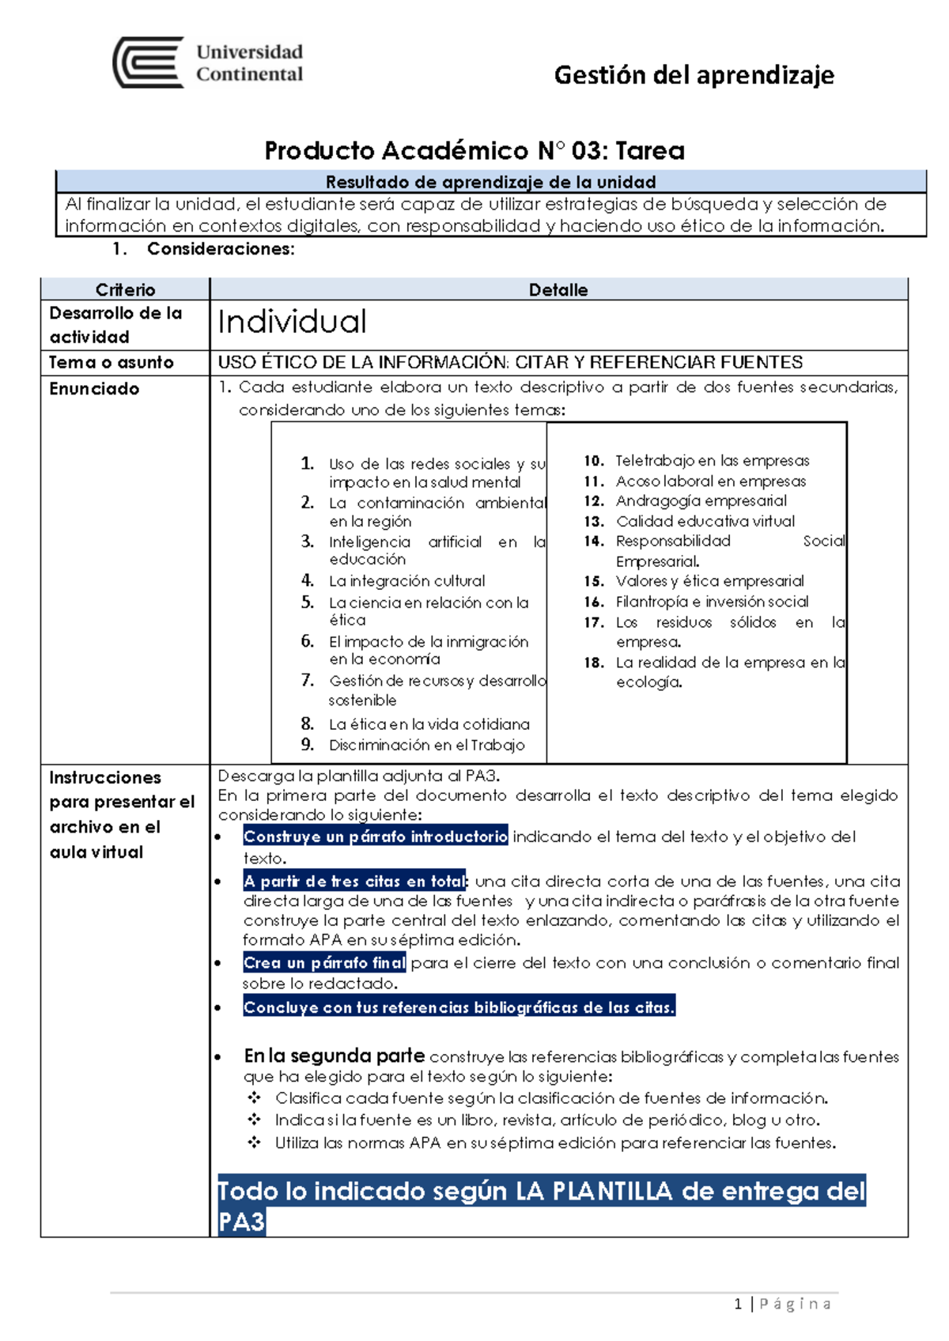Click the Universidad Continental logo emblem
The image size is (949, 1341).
[x=149, y=62]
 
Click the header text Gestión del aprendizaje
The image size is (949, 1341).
[x=694, y=75]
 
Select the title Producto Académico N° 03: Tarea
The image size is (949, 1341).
[x=475, y=150]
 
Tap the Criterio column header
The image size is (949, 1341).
[x=125, y=289]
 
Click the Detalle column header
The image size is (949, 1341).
[x=558, y=289]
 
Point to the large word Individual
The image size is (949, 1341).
[x=292, y=323]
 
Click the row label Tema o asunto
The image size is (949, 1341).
[x=111, y=363]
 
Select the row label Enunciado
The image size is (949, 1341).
[x=94, y=389]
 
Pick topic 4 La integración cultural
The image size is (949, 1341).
[x=406, y=581]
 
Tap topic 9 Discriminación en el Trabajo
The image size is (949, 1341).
[x=426, y=745]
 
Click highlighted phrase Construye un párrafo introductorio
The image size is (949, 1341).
[x=376, y=837]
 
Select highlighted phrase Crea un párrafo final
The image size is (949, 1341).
[x=324, y=963]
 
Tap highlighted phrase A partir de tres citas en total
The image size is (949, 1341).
[x=355, y=881]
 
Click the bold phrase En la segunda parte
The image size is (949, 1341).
[x=334, y=1056]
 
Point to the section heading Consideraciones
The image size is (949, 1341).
[x=220, y=249]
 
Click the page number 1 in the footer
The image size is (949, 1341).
[x=738, y=1304]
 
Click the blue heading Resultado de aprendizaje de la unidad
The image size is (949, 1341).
[x=490, y=182]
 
